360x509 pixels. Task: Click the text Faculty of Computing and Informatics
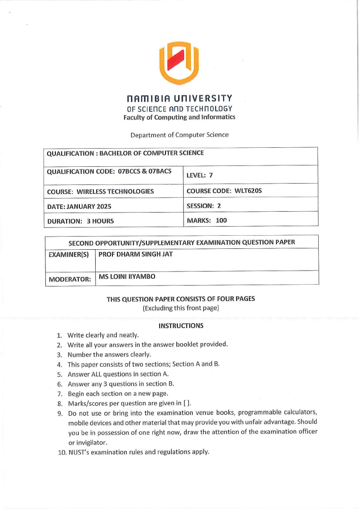(x=179, y=117)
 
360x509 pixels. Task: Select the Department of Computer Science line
(x=180, y=135)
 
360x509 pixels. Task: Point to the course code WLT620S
(x=248, y=191)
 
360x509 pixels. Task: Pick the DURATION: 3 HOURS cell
(x=81, y=221)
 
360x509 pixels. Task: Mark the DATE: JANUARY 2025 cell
(x=79, y=206)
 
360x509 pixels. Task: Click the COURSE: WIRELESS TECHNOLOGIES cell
(x=100, y=191)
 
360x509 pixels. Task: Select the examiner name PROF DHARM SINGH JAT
(x=135, y=254)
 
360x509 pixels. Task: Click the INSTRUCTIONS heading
(x=181, y=326)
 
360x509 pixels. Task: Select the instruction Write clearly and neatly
(x=103, y=335)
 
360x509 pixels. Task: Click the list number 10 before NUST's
(x=62, y=452)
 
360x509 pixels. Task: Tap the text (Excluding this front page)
(x=180, y=308)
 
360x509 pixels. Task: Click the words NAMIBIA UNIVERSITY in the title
(x=180, y=98)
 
